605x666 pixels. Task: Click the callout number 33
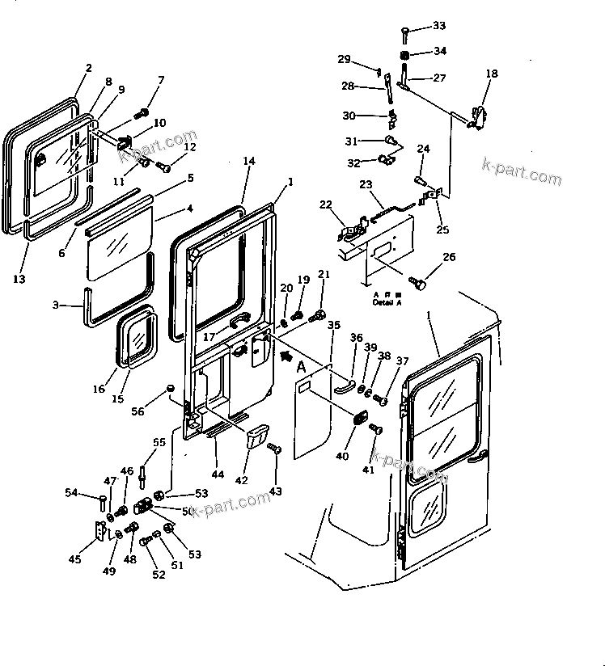(x=438, y=26)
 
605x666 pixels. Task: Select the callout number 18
(x=492, y=74)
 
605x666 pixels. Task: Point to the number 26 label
(x=448, y=257)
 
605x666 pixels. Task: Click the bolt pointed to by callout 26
(x=418, y=283)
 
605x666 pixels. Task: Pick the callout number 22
(x=326, y=204)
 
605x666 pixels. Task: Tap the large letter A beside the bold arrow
(x=301, y=368)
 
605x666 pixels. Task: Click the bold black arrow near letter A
(x=284, y=353)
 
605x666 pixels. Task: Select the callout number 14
(x=248, y=162)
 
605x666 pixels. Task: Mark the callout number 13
(x=19, y=279)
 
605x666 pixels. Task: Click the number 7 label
(x=160, y=79)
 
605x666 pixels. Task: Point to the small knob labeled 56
(x=170, y=389)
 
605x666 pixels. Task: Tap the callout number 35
(x=333, y=326)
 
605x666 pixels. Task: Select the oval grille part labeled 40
(x=358, y=420)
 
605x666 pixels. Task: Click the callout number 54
(x=71, y=493)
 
